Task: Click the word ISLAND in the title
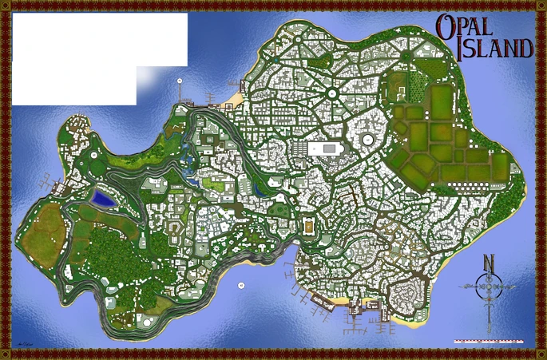point(496,49)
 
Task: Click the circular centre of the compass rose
point(489,286)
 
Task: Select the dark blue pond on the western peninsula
point(102,196)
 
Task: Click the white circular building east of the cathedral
point(368,141)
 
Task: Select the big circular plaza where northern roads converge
point(331,94)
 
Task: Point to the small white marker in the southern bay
point(240,284)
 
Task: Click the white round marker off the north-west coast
point(180,81)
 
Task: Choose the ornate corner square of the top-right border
point(540,6)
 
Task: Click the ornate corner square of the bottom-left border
point(6,354)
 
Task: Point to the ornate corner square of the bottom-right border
point(540,354)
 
